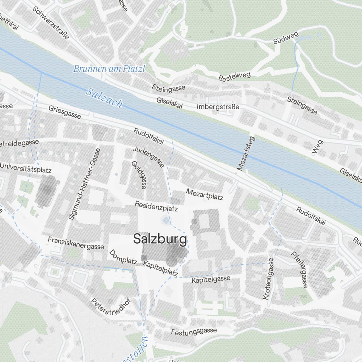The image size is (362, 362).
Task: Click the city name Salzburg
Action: tap(160, 239)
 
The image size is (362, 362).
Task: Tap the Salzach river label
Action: tap(104, 98)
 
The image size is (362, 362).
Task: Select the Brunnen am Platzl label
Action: tap(109, 69)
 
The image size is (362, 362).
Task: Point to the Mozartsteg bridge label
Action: tap(246, 153)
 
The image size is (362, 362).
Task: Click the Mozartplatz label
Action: tap(205, 194)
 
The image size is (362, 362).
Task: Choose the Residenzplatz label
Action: tap(156, 206)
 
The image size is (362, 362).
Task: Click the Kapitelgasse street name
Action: tap(211, 279)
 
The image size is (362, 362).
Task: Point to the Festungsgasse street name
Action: tap(194, 331)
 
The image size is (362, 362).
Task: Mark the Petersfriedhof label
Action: tap(110, 307)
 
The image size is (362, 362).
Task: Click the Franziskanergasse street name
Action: tap(76, 243)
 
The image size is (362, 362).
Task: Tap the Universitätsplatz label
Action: tap(26, 168)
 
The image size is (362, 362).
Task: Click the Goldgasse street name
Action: tap(139, 175)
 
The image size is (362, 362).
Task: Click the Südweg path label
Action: tap(286, 37)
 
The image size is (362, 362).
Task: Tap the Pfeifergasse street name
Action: tap(300, 269)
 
